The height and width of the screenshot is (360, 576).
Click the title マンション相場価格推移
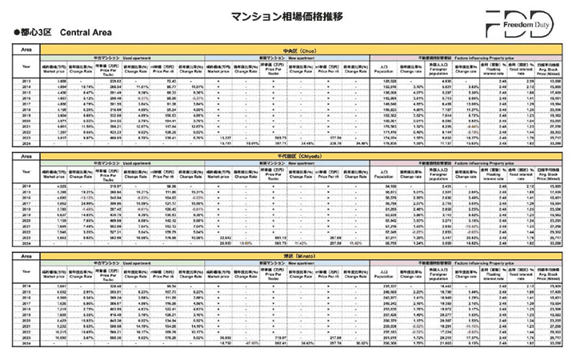point(287,15)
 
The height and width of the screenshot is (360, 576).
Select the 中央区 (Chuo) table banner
point(288,49)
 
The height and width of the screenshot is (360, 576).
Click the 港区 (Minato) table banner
point(288,256)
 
